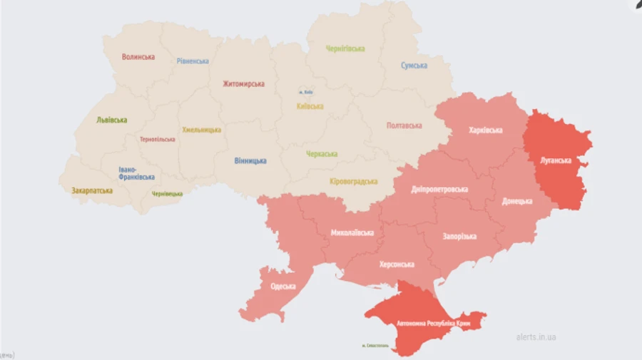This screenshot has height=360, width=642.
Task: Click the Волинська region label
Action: [x=138, y=57]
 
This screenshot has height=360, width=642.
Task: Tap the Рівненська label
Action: [x=193, y=61]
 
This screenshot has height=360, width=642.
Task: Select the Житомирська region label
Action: [x=243, y=84]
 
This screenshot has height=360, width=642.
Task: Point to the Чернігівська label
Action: [x=345, y=49]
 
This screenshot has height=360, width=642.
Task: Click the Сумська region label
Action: [x=414, y=66]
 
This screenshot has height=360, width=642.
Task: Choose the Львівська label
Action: [x=112, y=120]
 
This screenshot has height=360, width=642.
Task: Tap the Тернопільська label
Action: [x=158, y=139]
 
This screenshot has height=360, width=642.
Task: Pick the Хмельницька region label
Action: [x=201, y=130]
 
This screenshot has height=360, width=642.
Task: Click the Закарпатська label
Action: [x=92, y=191]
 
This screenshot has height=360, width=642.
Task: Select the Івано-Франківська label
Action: [x=136, y=173]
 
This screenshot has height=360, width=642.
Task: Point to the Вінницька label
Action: [x=250, y=161]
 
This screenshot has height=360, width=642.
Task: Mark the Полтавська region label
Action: [x=404, y=125]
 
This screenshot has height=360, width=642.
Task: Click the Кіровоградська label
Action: [x=354, y=181]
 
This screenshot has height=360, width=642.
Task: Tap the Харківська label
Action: [x=486, y=130]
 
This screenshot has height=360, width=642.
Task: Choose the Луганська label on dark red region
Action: [x=556, y=160]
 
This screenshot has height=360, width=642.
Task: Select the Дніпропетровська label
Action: [x=439, y=190]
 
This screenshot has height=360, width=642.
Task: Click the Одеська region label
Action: [x=283, y=287]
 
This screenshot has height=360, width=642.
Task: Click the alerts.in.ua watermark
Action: [x=536, y=336]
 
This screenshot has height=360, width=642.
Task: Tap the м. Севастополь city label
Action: [x=375, y=346]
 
